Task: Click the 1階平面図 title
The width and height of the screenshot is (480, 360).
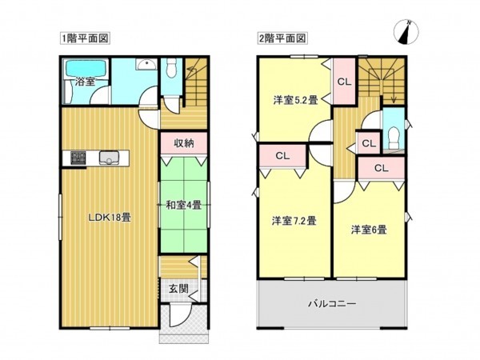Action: point(84,38)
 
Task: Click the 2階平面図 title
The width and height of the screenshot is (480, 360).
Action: point(282,38)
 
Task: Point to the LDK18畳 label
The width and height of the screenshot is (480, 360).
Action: point(110,216)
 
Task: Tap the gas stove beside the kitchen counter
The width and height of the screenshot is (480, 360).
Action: point(78,158)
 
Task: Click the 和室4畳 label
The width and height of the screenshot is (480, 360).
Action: point(184,205)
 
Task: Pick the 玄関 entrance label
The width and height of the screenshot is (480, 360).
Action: point(178,289)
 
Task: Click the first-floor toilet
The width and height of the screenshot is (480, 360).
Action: point(170,72)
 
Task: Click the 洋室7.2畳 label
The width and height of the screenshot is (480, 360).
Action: point(294,221)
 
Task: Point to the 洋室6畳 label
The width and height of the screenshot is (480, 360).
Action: point(369,230)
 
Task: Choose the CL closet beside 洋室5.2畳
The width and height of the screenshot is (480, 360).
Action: point(343,82)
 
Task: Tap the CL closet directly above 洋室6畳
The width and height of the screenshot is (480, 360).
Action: point(381,168)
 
